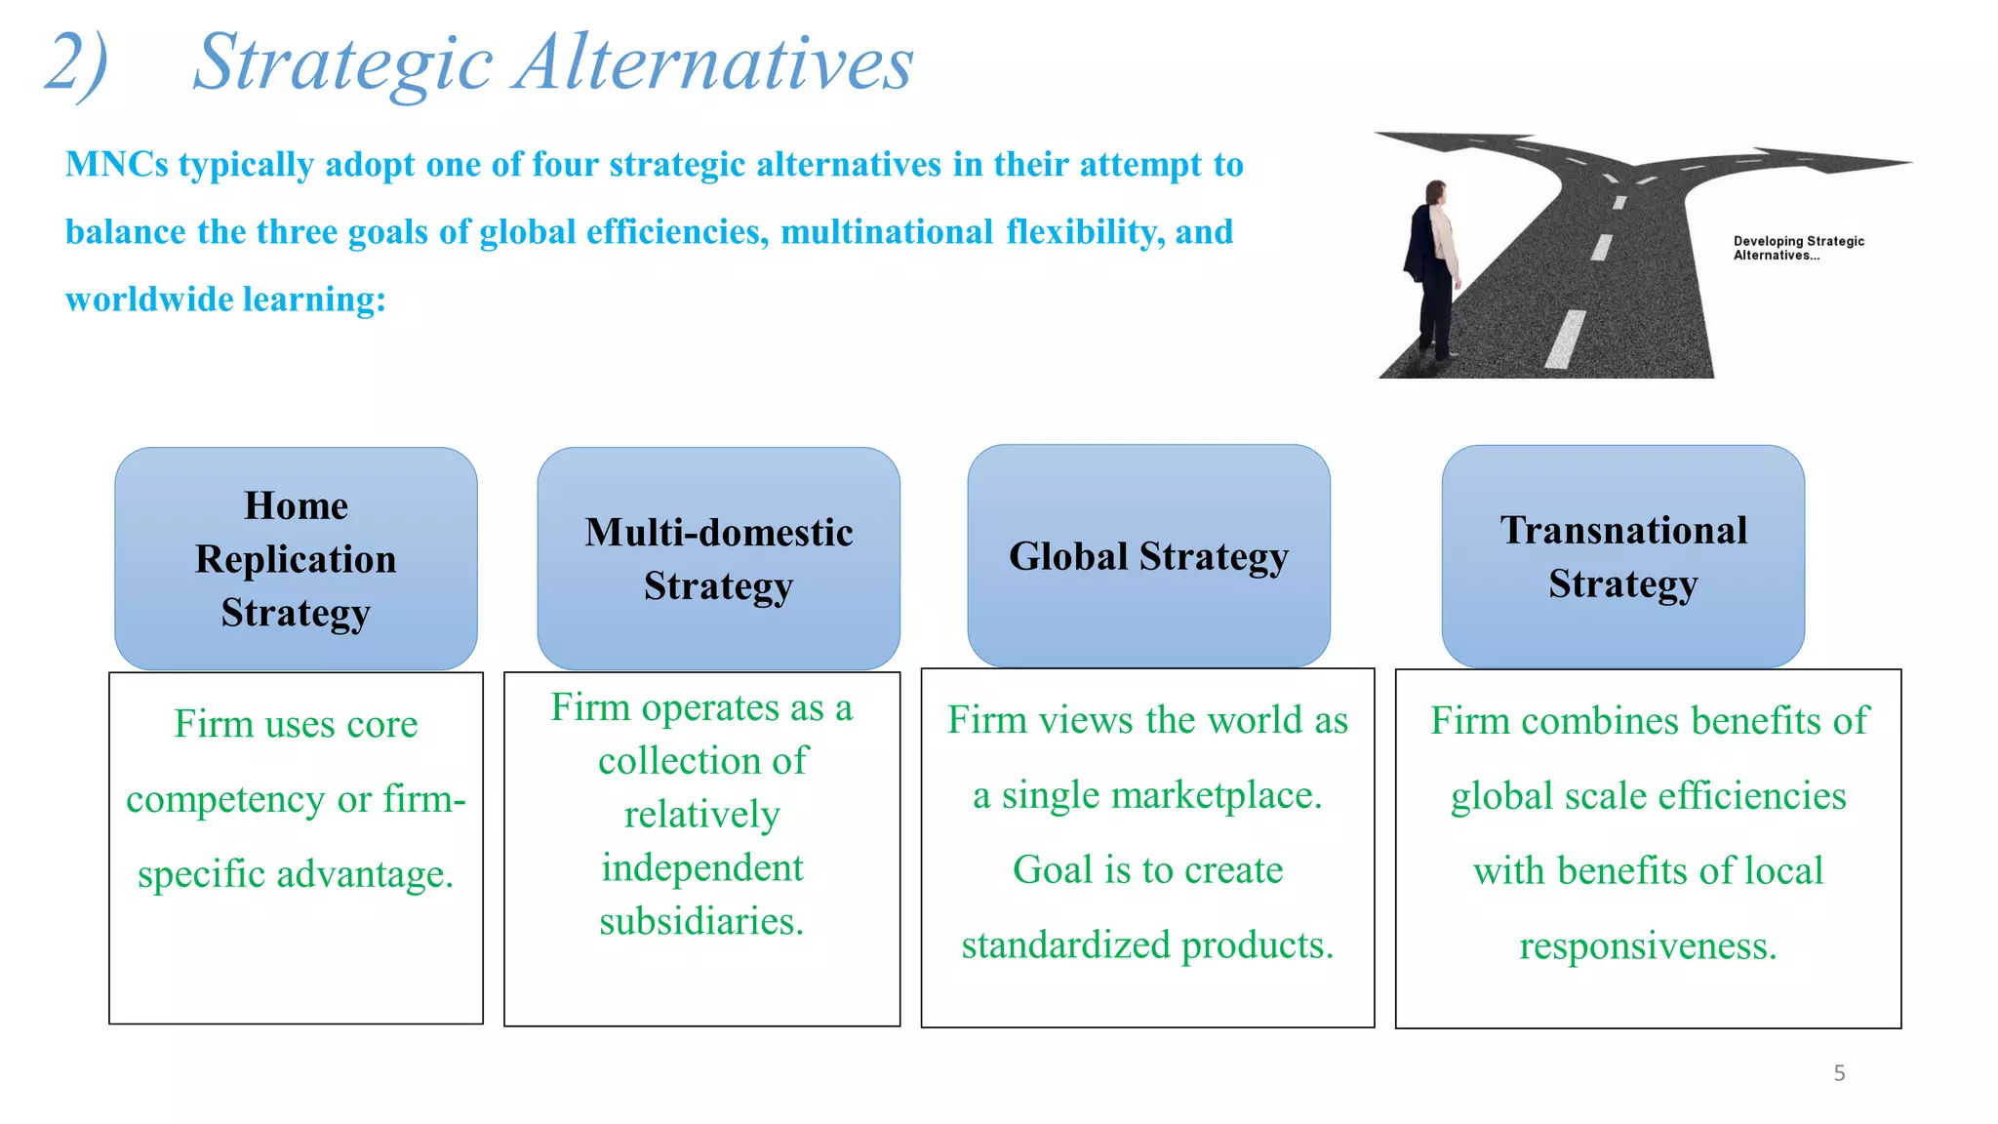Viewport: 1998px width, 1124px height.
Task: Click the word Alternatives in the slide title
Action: point(714,62)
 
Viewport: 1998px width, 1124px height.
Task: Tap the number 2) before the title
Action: point(76,64)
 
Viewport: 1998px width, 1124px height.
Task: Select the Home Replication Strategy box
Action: point(296,558)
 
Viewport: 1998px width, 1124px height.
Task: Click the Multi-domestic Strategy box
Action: point(719,558)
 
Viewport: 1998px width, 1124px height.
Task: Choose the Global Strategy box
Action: point(1148,556)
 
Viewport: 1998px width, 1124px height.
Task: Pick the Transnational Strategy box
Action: point(1623,556)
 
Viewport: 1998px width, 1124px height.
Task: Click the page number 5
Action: point(1839,1073)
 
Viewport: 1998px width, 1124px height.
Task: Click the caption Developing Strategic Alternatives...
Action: point(1797,248)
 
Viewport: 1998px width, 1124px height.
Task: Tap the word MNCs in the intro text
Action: point(116,165)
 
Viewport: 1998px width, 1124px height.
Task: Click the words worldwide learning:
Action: point(225,300)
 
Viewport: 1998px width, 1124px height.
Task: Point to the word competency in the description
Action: point(225,800)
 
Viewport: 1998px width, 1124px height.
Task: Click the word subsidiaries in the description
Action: point(700,922)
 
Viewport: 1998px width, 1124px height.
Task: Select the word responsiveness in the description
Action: point(1648,946)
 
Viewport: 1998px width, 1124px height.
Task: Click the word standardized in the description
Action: point(1065,945)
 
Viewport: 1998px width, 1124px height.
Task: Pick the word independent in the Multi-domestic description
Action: point(701,868)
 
